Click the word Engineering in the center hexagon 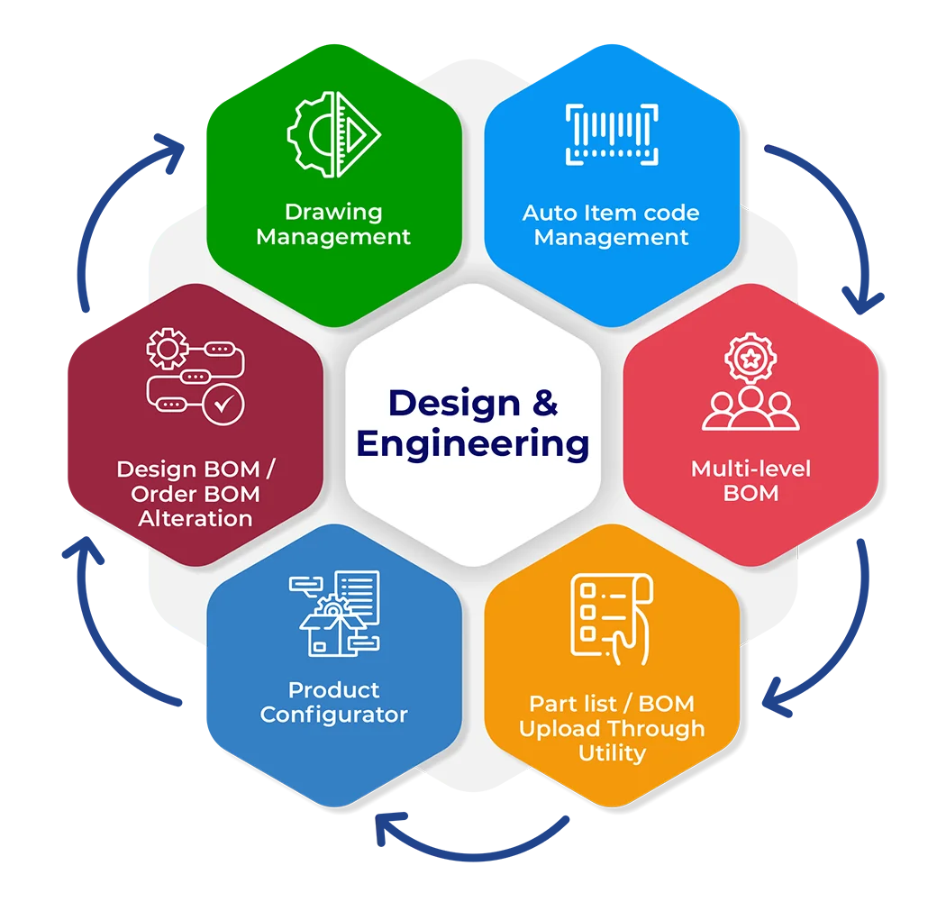(473, 444)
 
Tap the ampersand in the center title (544, 402)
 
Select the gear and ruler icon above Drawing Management (333, 135)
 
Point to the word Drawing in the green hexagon (333, 213)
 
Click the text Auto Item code (611, 214)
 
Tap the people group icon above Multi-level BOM (750, 410)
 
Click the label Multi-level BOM (750, 480)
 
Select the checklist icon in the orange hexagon (611, 616)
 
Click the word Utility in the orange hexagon (612, 752)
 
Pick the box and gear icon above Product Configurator (334, 613)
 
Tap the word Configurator (334, 715)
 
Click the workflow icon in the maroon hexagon (195, 377)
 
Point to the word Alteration (195, 518)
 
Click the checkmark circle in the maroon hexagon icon (222, 405)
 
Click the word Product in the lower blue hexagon (333, 690)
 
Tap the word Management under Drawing (333, 237)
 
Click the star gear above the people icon (750, 355)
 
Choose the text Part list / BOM (612, 704)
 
